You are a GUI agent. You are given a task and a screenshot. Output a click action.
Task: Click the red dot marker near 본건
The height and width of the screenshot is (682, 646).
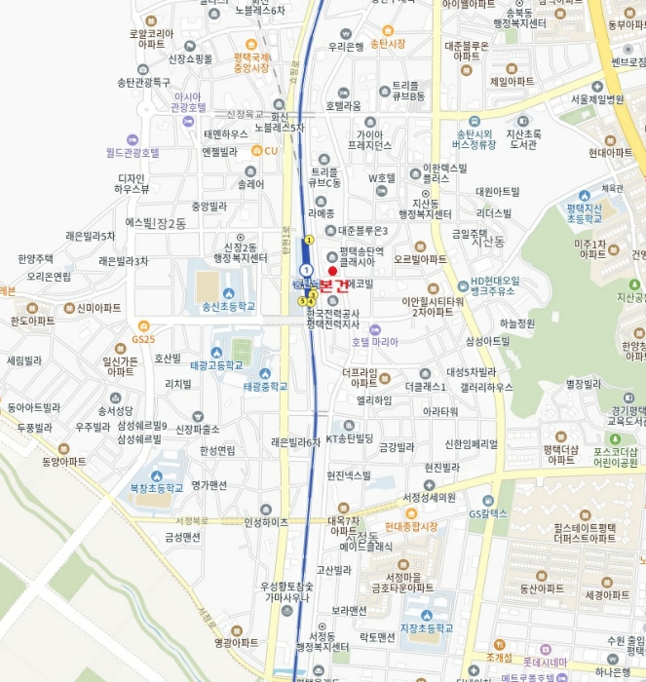(x=332, y=271)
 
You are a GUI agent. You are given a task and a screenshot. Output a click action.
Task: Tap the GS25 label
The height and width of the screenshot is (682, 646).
(x=142, y=339)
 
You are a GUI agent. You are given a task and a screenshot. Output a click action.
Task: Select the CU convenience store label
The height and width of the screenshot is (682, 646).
(x=271, y=151)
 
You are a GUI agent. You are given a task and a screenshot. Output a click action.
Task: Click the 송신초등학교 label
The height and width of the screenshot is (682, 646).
(x=227, y=306)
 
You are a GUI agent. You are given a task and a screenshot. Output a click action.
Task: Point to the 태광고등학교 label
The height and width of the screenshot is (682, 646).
(x=216, y=365)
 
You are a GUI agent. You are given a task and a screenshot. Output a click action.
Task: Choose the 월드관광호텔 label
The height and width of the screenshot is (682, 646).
(x=133, y=153)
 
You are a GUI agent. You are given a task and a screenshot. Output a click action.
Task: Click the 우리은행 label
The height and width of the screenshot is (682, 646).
(x=346, y=46)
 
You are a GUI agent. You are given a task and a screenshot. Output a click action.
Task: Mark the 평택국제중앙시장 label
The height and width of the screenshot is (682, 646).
(x=251, y=62)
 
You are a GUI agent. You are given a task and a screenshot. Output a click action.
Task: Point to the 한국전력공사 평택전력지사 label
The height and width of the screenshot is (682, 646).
(x=333, y=318)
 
